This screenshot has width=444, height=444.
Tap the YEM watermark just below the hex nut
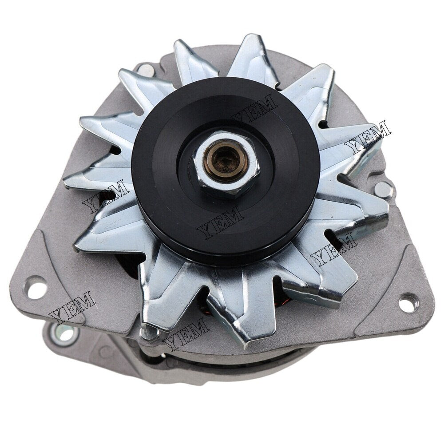tap(220, 222)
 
